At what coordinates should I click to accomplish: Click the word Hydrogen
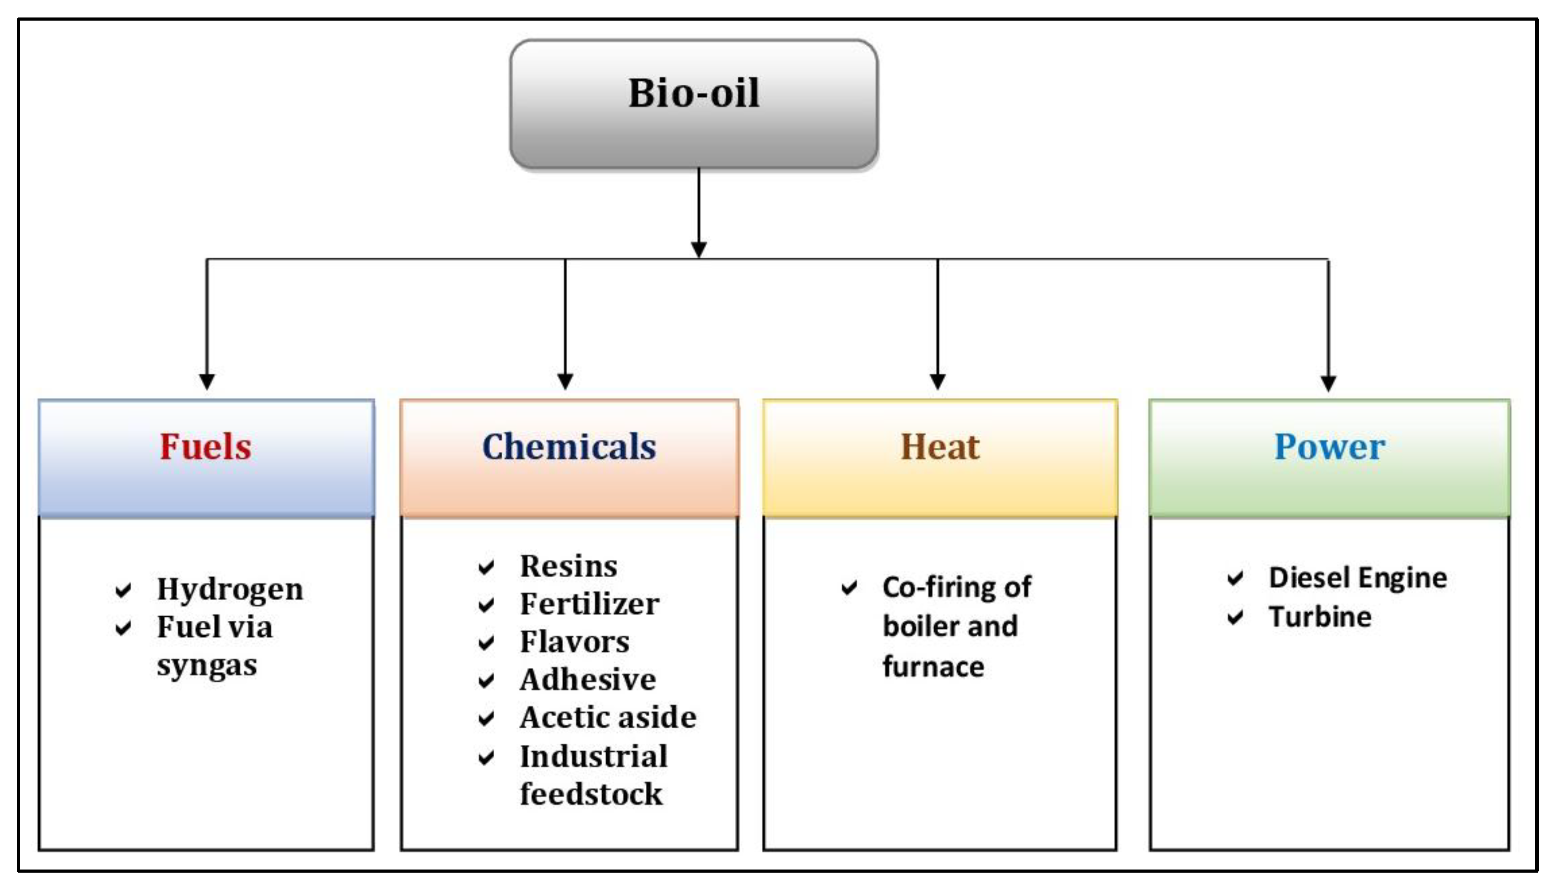click(229, 589)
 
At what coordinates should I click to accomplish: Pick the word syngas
click(207, 665)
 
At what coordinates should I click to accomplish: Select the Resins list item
click(568, 567)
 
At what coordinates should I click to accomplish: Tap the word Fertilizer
click(589, 604)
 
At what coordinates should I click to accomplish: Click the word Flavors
click(574, 642)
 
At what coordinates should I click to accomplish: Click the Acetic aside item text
click(608, 718)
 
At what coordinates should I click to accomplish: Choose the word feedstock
click(591, 794)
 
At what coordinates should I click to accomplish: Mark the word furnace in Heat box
click(933, 666)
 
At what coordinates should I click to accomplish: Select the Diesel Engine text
click(1358, 578)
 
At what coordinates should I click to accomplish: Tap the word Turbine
click(1320, 617)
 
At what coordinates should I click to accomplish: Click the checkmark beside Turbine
click(1235, 618)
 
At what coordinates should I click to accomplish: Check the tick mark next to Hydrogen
click(123, 590)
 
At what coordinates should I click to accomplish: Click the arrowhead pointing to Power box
click(1328, 384)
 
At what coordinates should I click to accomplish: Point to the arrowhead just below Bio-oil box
click(699, 250)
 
